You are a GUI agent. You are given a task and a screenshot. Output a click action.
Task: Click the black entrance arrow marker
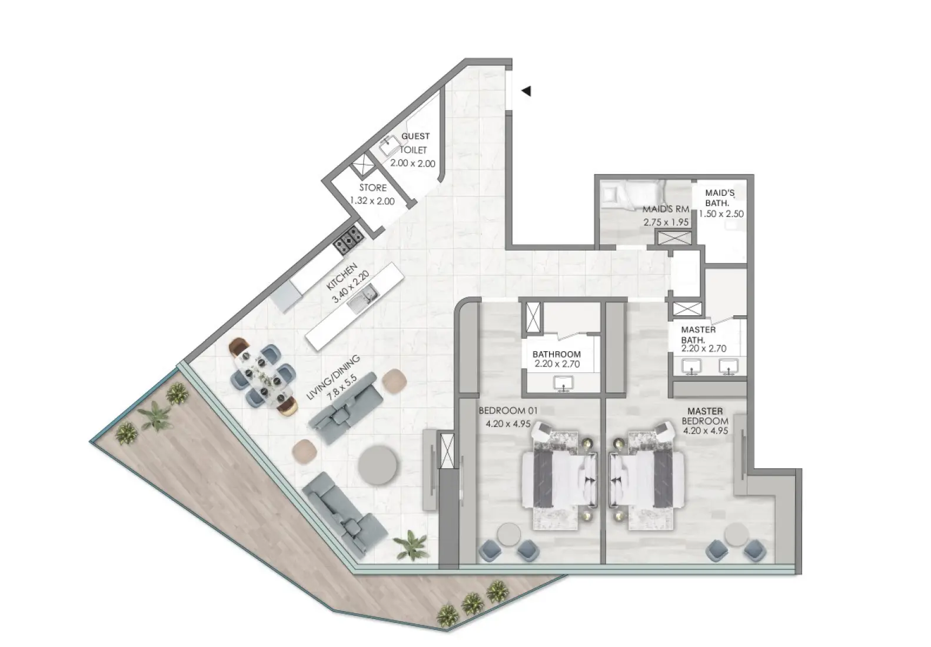[527, 91]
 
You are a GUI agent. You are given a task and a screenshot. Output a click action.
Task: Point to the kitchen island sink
[360, 298]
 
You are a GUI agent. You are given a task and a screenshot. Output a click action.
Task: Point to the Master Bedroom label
[706, 416]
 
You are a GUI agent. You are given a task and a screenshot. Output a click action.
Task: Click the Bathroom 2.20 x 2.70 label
[557, 359]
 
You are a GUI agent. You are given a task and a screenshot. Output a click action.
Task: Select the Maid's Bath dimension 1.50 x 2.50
[721, 214]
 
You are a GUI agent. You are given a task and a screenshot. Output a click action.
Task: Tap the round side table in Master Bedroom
[735, 535]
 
